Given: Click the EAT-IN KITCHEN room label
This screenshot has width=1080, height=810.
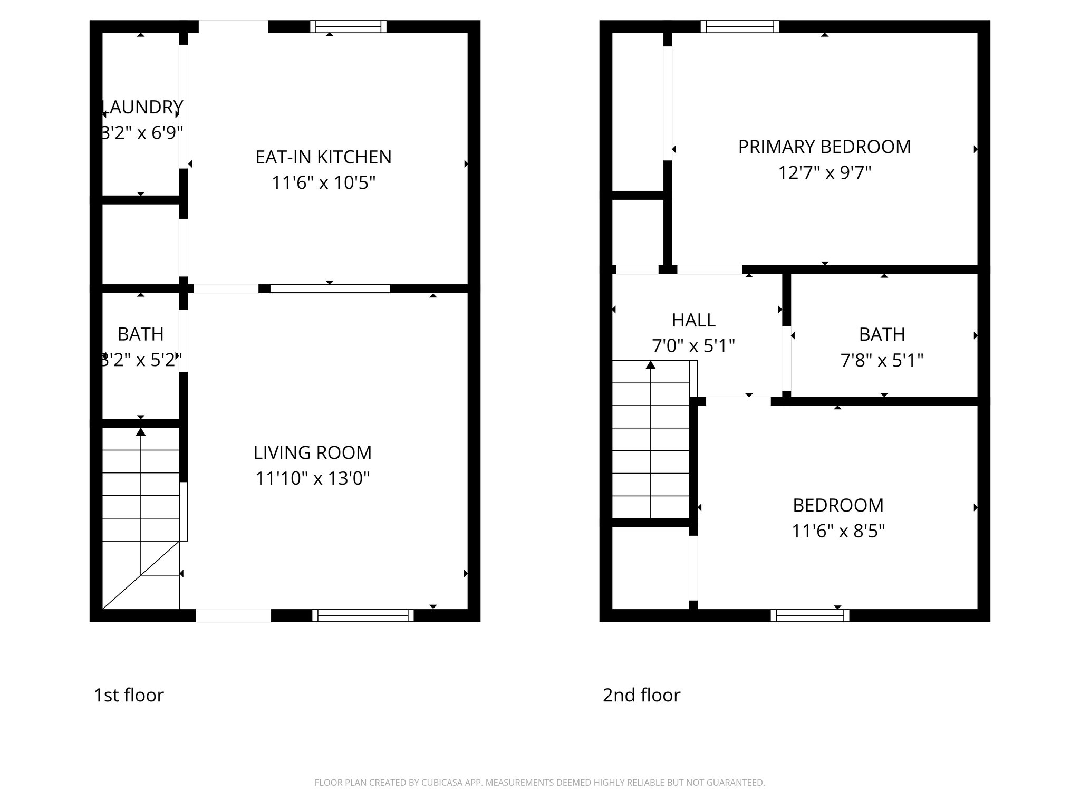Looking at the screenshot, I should point(323,157).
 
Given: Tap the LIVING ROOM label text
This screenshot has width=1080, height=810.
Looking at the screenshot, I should point(312,452).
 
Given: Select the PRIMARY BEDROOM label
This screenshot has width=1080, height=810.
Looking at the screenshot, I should point(824,147).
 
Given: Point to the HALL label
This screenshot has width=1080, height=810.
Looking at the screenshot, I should point(693,320).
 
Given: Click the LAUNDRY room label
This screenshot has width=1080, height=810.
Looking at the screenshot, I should point(141,107).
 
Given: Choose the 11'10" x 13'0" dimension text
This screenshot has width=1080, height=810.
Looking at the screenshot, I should point(312,478).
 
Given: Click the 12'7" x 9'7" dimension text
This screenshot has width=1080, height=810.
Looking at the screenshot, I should point(824,172).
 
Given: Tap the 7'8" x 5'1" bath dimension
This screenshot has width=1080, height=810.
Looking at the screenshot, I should point(882,360).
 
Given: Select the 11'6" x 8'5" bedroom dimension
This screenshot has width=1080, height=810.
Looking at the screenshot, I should point(838,531).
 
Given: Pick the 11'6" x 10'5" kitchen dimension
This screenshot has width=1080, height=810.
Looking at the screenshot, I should point(323,183).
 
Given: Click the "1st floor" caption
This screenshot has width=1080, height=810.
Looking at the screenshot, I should point(129,695).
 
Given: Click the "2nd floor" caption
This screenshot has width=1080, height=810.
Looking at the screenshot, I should point(641,695).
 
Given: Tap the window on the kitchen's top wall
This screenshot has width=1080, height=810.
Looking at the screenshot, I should point(348,26).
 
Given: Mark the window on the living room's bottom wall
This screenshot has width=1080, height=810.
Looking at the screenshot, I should point(363,615).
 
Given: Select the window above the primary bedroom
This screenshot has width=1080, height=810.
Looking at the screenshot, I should point(740,26).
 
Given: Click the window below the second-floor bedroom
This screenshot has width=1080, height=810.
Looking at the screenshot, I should point(810,615).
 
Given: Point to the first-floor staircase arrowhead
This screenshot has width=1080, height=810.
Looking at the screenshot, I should point(141,432).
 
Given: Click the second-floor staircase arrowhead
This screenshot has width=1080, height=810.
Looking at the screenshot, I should point(651,364).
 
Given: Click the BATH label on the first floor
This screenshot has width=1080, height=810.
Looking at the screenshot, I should point(140,334).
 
